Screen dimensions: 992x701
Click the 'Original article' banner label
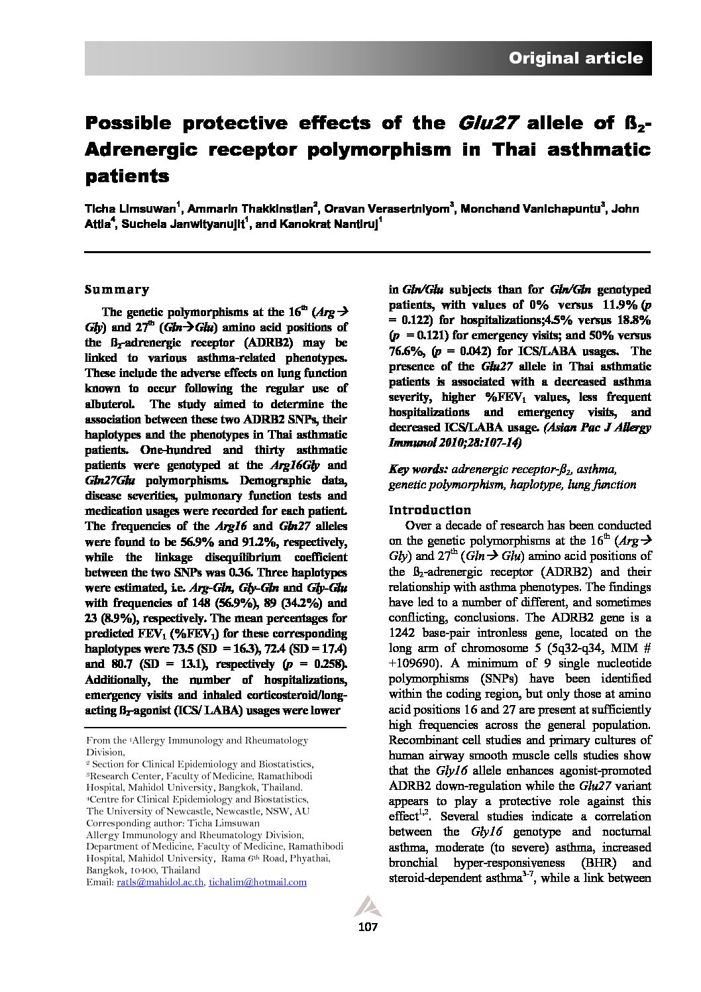(575, 58)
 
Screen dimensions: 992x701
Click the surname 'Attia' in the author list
(98, 224)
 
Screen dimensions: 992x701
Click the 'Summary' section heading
(117, 290)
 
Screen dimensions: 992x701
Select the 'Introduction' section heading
(430, 510)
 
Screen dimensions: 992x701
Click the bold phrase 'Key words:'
(417, 469)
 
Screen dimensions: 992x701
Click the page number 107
(367, 927)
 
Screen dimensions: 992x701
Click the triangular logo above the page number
(366, 906)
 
